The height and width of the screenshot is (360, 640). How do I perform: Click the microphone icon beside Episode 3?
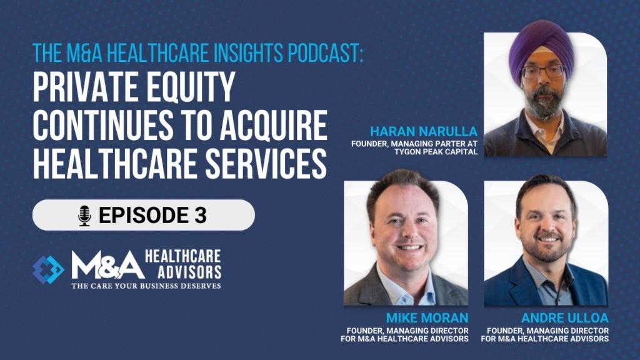[84, 216]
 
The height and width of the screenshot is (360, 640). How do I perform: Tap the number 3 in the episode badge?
[201, 215]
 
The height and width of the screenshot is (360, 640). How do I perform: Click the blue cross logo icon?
[48, 269]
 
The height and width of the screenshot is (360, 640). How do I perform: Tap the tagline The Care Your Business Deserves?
[146, 286]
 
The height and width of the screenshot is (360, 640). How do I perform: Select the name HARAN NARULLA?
[424, 131]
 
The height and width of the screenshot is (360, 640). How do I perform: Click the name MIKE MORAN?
[427, 318]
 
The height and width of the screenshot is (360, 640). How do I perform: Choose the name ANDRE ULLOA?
[565, 318]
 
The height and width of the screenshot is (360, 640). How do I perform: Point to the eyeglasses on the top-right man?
[543, 72]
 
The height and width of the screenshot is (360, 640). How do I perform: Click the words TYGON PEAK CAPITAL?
[436, 152]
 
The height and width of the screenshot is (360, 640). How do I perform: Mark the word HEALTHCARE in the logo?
[183, 256]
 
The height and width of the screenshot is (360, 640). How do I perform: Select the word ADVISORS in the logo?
[189, 272]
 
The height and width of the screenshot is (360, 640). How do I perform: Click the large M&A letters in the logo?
[107, 265]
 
